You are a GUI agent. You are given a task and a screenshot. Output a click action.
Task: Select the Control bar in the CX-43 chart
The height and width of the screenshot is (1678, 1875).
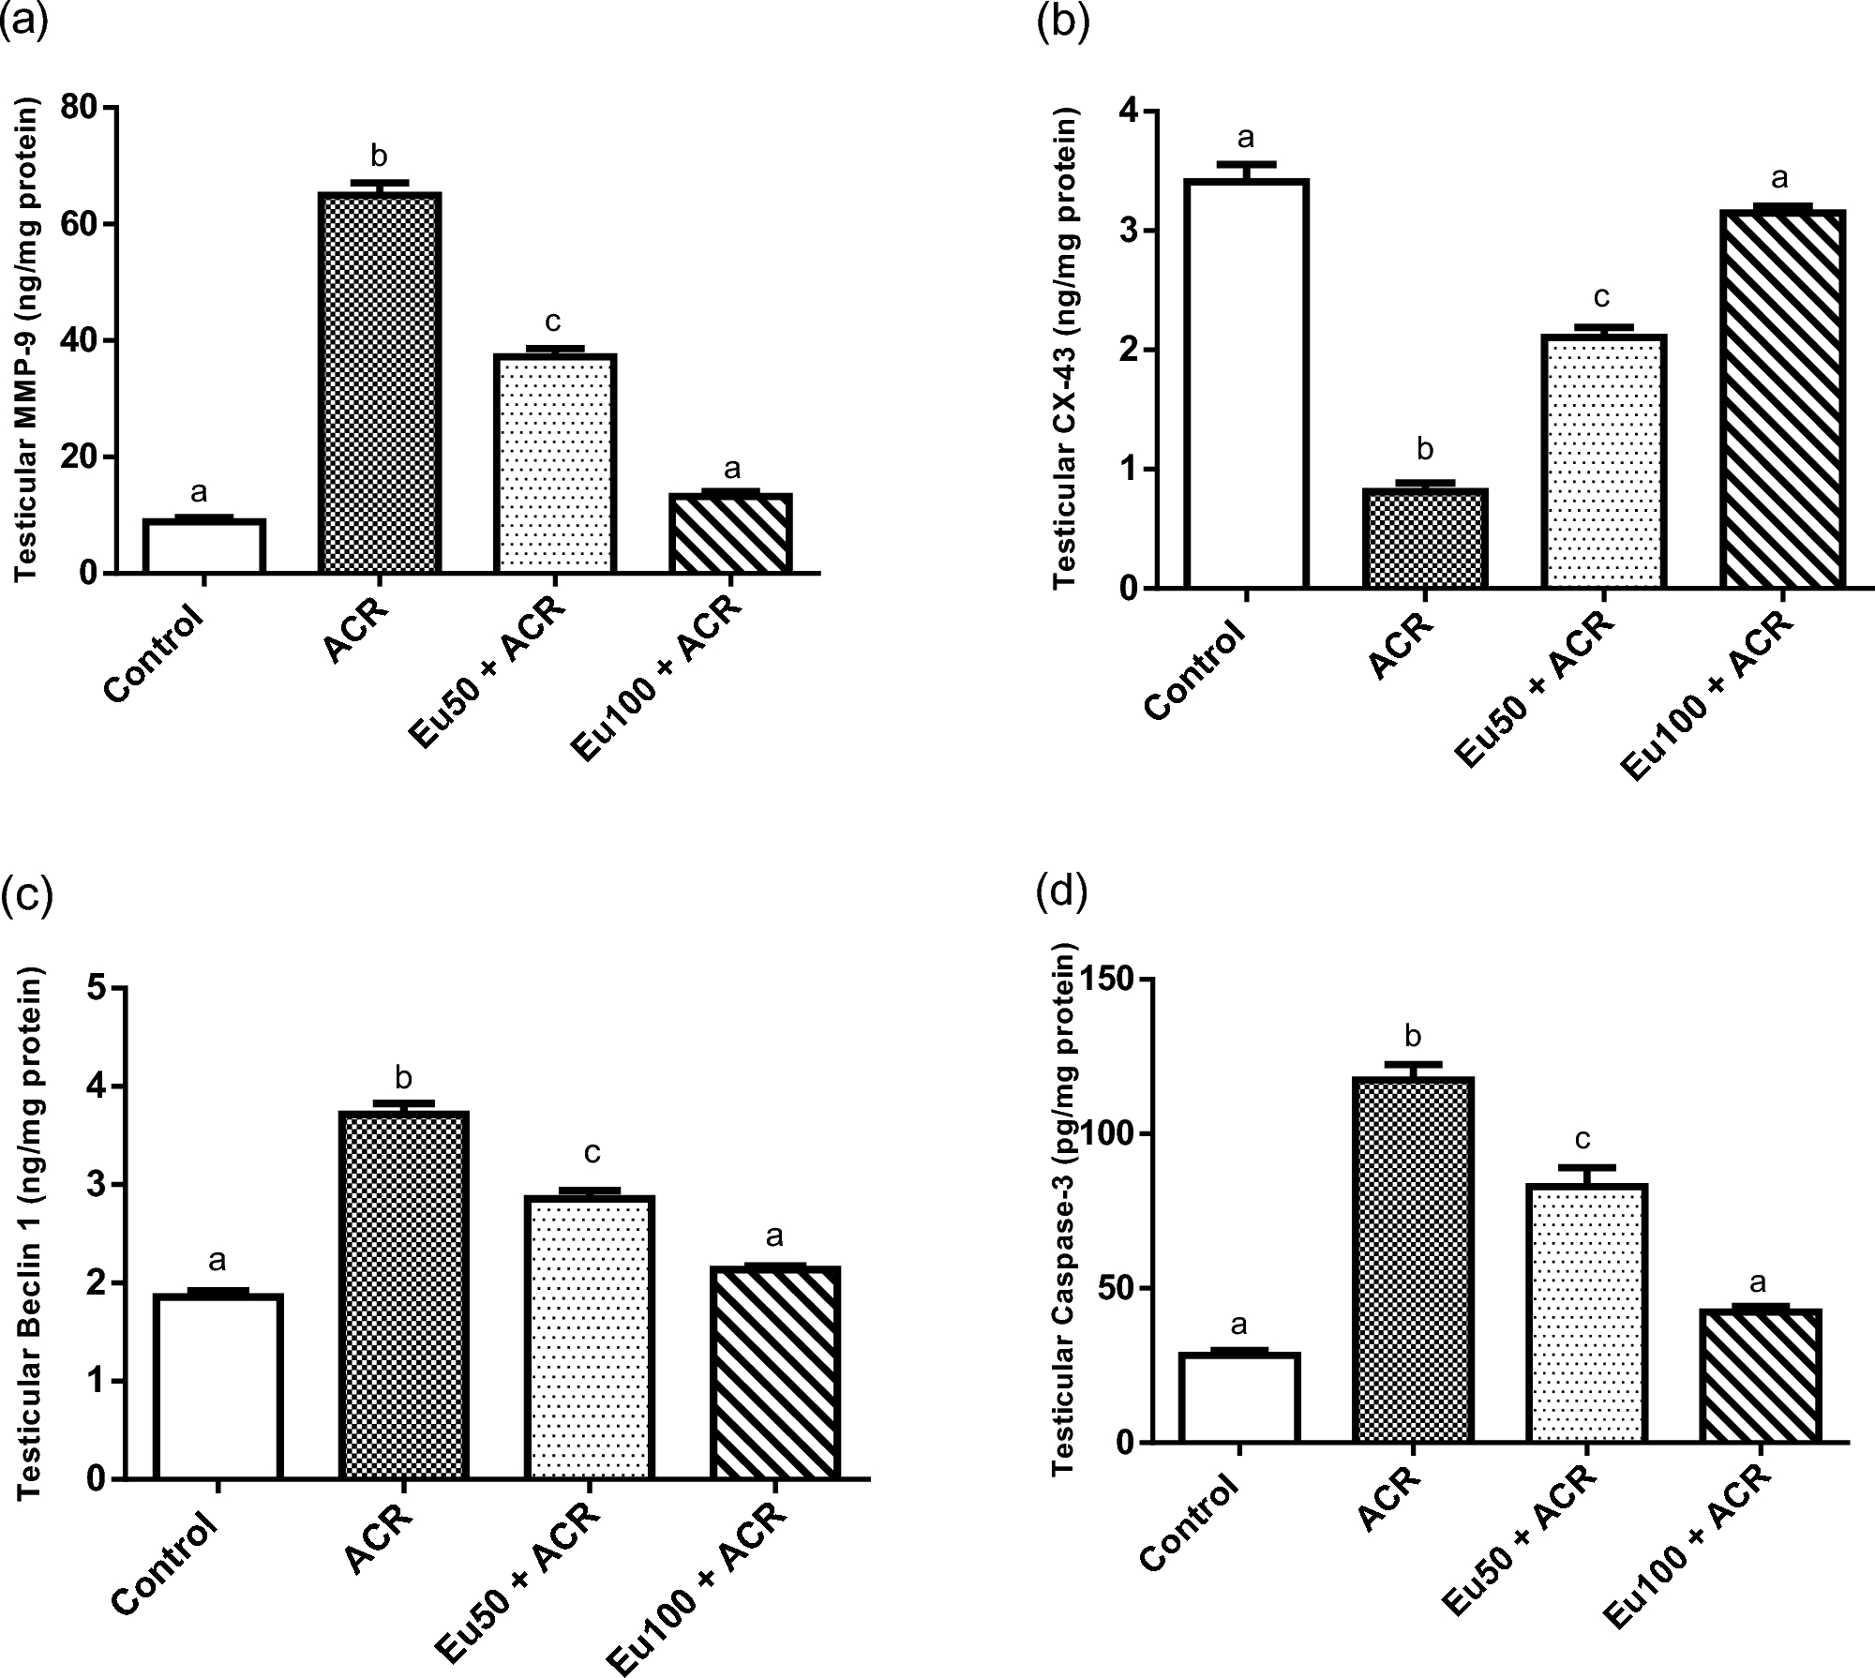(1245, 384)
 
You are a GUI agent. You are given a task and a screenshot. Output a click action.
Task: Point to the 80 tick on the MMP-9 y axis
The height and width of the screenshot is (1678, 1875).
(82, 108)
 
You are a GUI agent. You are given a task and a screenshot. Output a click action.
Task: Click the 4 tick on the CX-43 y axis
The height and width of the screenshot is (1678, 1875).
(1127, 112)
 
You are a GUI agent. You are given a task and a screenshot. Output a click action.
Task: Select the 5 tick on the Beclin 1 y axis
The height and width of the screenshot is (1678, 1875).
(96, 988)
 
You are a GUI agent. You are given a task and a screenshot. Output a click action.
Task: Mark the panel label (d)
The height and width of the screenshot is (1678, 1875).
(1061, 893)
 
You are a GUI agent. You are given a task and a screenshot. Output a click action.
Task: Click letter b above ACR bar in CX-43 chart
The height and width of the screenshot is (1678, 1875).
(1424, 450)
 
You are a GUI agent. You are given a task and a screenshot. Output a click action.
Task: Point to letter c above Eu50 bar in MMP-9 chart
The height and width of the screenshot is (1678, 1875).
(553, 322)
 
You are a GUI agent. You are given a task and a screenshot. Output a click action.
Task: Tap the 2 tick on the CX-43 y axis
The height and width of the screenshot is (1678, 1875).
(1127, 350)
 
